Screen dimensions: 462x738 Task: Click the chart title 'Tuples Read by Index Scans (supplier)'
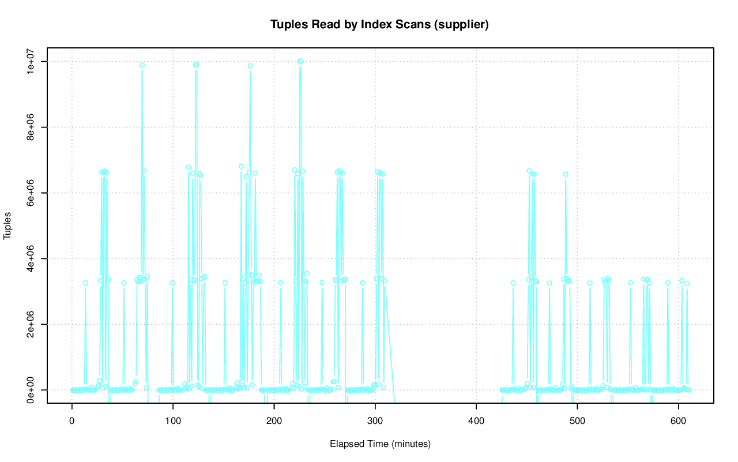tap(380, 24)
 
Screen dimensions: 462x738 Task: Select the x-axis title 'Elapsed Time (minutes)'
tap(380, 444)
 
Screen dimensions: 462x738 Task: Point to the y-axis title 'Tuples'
tap(8, 226)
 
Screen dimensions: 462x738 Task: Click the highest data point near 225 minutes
tap(300, 61)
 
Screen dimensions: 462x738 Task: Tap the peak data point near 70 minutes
tap(142, 65)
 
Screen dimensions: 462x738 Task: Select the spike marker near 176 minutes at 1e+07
tap(250, 66)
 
